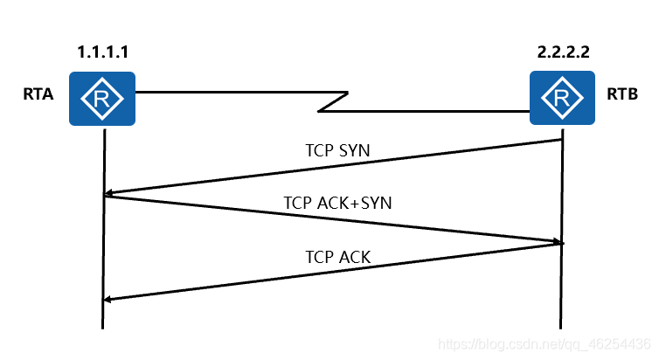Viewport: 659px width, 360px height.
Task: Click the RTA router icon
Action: [x=103, y=98]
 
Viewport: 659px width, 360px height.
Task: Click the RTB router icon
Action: [x=561, y=98]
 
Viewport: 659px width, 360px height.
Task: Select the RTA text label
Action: [x=38, y=94]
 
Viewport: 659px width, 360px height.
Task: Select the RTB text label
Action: [x=621, y=94]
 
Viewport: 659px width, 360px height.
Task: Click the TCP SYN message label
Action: [x=337, y=150]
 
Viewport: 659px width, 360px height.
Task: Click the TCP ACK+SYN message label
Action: [x=337, y=203]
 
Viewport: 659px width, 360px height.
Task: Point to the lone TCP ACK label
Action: [x=338, y=257]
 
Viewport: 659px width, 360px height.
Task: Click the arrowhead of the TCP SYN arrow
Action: [x=108, y=194]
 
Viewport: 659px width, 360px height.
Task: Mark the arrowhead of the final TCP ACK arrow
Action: [x=108, y=300]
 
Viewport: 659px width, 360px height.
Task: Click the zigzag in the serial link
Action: [x=333, y=101]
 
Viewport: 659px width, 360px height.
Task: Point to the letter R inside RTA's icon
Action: [x=103, y=98]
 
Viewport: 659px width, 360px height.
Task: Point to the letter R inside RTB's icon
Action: [x=561, y=98]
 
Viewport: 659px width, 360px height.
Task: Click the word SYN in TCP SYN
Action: [x=353, y=150]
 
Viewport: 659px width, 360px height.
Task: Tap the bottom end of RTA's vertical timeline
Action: [x=103, y=327]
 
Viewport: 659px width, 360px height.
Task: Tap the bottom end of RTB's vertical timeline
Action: [x=561, y=327]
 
